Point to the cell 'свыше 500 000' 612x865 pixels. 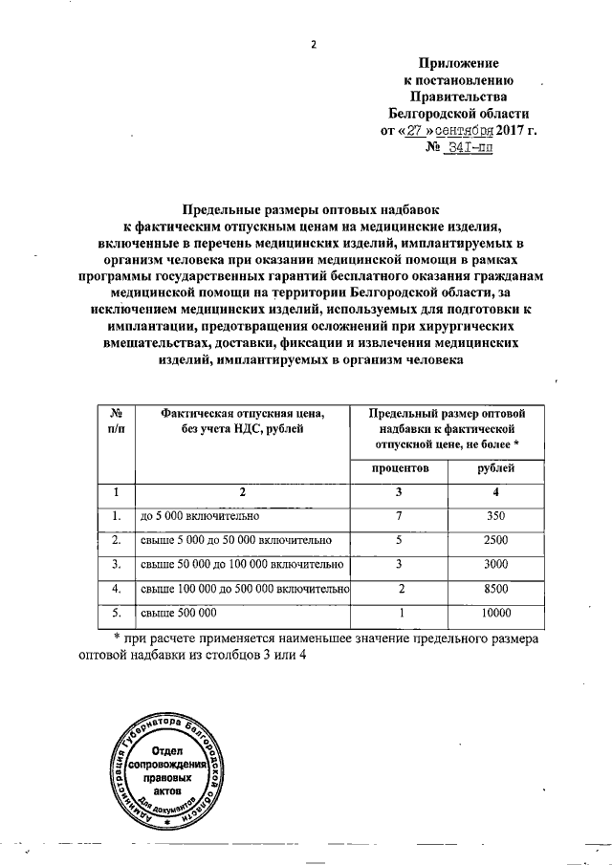coord(179,612)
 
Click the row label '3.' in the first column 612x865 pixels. coord(116,565)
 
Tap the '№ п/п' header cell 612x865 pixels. coord(116,421)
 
